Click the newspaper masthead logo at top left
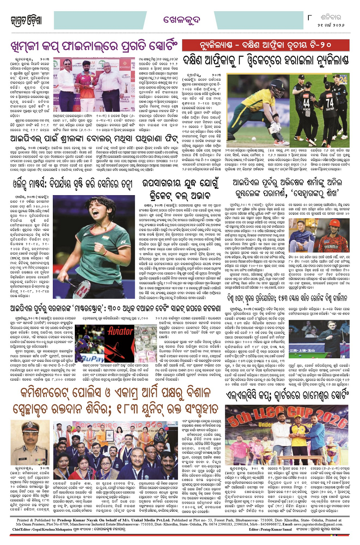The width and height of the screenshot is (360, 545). pos(26,20)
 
